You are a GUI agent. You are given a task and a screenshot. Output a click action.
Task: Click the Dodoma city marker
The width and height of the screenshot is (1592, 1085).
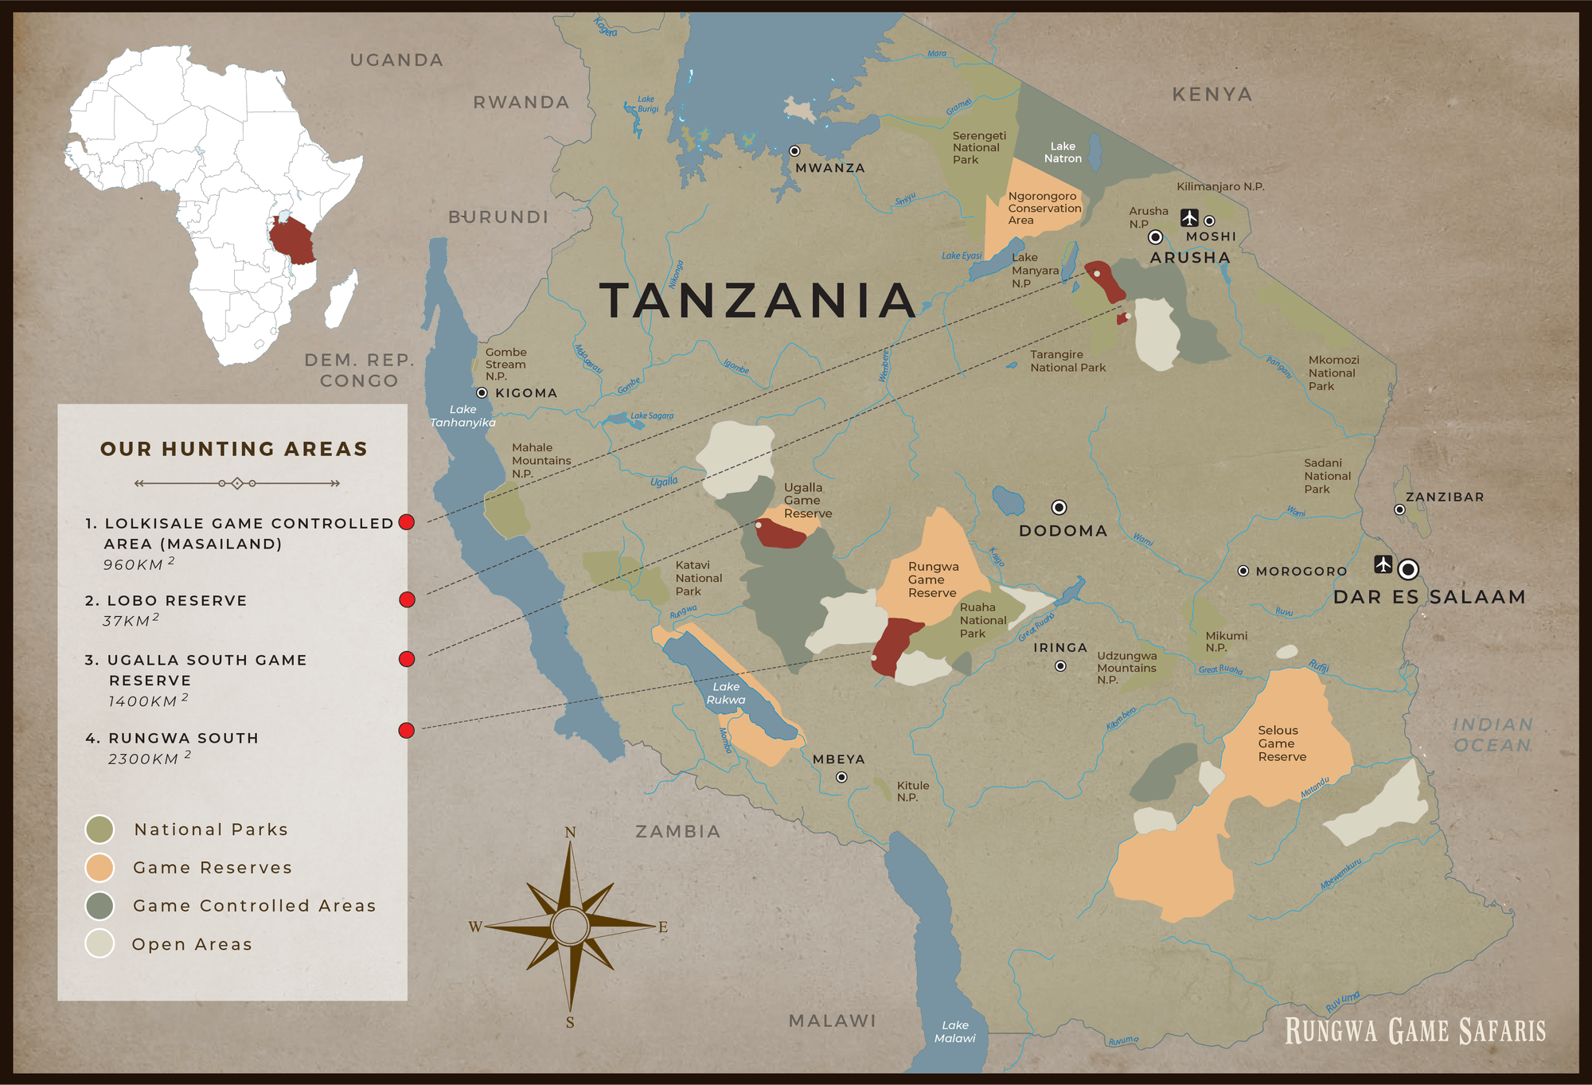click(x=1059, y=507)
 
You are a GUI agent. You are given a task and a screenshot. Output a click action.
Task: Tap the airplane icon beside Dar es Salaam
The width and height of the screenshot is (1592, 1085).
click(x=1383, y=564)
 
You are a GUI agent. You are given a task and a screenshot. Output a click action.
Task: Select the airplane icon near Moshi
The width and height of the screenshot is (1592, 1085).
click(x=1189, y=217)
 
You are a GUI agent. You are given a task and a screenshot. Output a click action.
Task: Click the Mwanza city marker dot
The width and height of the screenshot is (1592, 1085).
click(x=794, y=151)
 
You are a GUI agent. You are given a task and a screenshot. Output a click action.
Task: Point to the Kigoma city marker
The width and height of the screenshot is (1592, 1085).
click(x=482, y=392)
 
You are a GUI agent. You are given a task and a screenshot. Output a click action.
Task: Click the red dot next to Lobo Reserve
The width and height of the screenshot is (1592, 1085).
click(x=407, y=599)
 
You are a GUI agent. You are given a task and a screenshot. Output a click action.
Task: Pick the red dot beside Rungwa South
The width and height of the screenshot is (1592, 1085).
click(x=407, y=730)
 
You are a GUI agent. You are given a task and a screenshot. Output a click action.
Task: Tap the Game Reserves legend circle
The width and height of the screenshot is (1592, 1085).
click(x=99, y=868)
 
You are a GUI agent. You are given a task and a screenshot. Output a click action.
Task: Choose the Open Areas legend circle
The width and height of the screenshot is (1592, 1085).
click(x=99, y=943)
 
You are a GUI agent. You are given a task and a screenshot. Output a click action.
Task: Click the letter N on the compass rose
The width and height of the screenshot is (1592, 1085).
click(x=570, y=833)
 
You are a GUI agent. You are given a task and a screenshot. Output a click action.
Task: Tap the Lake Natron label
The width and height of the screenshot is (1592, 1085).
click(x=1063, y=152)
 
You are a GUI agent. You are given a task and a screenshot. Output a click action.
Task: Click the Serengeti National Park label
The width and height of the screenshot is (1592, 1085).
click(x=978, y=147)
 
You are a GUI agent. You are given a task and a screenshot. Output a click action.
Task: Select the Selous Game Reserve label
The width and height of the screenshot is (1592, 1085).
click(x=1282, y=743)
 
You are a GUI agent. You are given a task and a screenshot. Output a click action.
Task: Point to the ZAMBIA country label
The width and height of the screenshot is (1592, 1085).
click(x=677, y=831)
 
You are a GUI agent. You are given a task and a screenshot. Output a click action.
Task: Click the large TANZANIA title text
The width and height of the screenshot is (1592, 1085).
click(x=758, y=301)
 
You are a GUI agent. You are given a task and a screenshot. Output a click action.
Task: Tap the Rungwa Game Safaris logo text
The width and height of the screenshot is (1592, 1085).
click(x=1415, y=1031)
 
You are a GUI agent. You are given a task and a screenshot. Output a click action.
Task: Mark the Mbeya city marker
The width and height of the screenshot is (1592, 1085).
click(x=841, y=777)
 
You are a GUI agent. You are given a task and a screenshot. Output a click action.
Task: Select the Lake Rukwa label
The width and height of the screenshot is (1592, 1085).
click(x=726, y=693)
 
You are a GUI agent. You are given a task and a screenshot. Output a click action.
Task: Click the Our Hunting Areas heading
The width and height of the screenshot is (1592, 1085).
click(x=234, y=449)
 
